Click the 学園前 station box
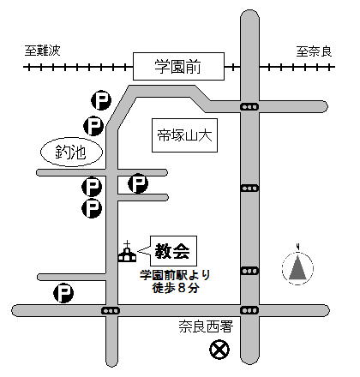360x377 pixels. click(x=178, y=66)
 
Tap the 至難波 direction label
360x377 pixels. click(x=43, y=51)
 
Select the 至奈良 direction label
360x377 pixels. click(x=314, y=51)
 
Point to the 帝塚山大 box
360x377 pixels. click(x=184, y=135)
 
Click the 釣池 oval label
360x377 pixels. click(x=71, y=153)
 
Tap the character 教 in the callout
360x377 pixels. click(x=163, y=251)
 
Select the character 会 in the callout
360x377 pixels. click(x=181, y=251)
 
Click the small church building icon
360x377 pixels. click(x=127, y=251)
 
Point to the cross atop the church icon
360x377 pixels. click(x=127, y=244)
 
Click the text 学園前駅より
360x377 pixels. click(x=175, y=275)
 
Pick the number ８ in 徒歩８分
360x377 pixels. click(x=182, y=288)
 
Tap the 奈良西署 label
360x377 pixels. click(x=206, y=326)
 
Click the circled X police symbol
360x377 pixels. click(x=219, y=350)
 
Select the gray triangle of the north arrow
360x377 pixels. click(x=297, y=267)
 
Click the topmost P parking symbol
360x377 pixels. click(x=101, y=100)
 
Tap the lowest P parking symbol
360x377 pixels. click(x=63, y=293)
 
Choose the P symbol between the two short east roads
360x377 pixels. click(x=138, y=183)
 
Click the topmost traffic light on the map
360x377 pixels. click(x=249, y=107)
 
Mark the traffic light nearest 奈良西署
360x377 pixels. click(x=249, y=310)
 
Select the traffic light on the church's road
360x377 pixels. click(x=111, y=311)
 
